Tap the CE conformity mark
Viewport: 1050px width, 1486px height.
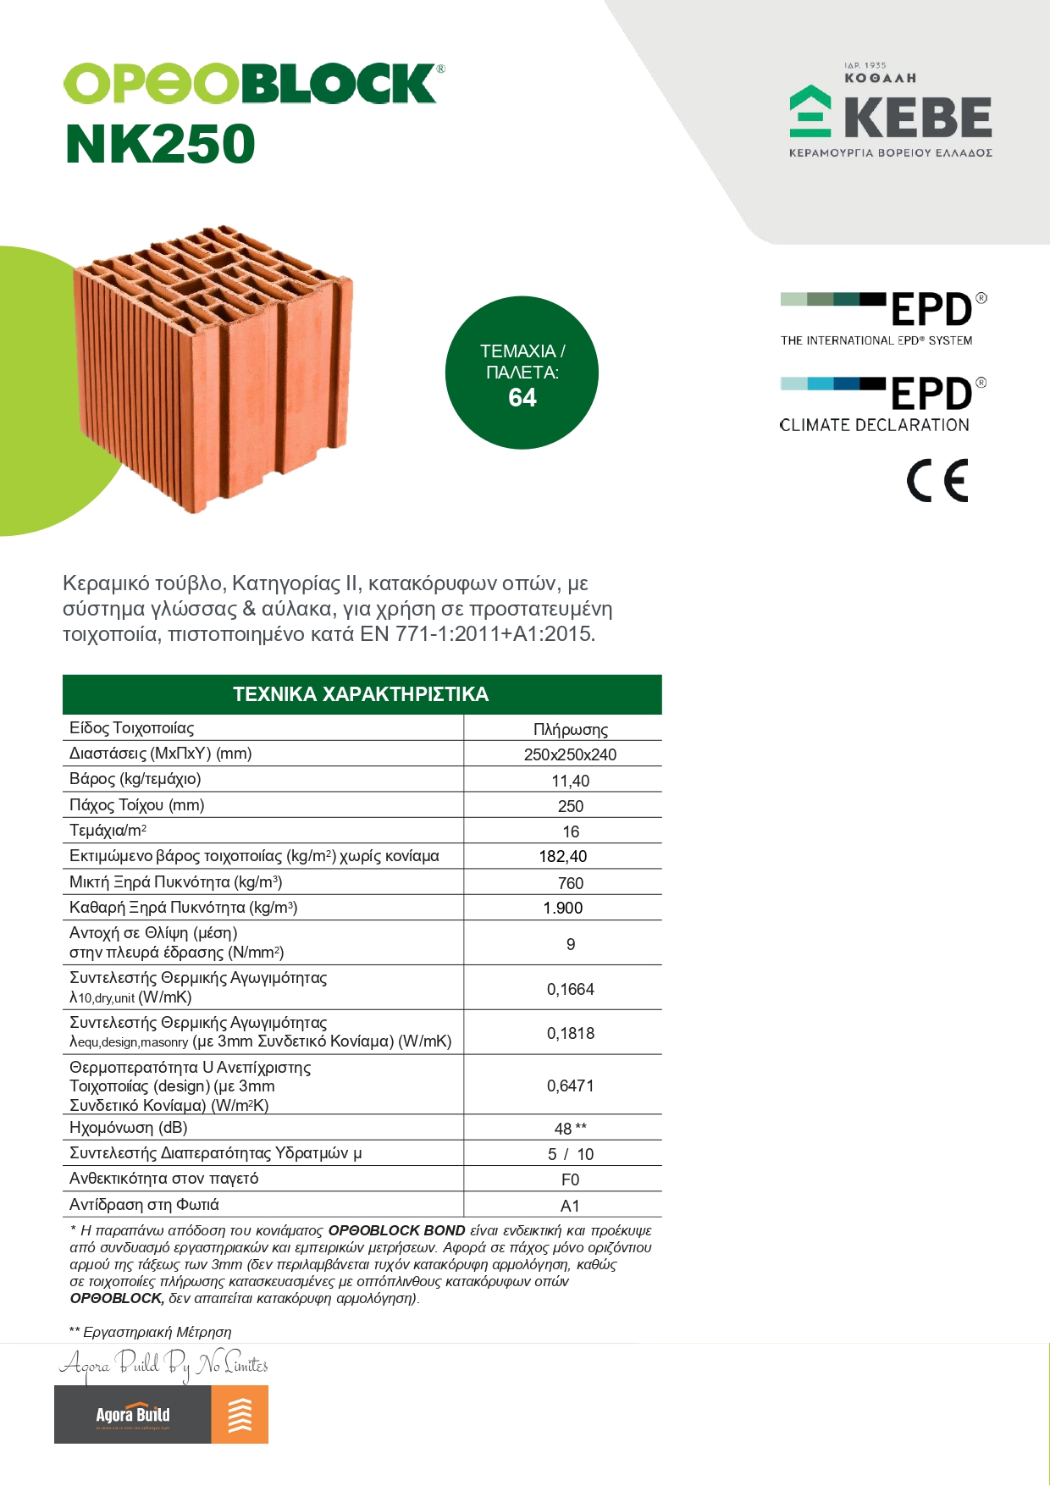point(937,481)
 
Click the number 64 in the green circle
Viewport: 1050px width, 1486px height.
point(522,398)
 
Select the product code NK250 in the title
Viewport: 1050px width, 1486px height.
point(160,144)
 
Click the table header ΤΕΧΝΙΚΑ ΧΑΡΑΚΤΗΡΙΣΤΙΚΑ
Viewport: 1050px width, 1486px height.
point(362,694)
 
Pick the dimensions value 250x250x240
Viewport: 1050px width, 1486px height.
point(570,754)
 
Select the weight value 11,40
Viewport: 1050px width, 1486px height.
point(570,781)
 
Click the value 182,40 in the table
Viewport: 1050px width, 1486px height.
point(563,857)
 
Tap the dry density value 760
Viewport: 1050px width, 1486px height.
point(570,883)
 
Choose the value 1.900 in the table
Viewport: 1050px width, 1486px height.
point(563,909)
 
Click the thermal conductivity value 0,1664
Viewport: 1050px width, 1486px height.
point(570,989)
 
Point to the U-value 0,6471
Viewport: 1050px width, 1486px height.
point(570,1085)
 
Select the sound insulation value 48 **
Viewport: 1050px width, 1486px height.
point(570,1129)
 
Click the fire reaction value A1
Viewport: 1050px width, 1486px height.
point(570,1206)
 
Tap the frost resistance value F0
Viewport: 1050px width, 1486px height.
point(570,1179)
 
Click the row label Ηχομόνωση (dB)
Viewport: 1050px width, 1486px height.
point(129,1128)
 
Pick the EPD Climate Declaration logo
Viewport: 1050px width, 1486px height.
point(881,405)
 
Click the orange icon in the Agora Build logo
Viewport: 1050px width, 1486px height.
point(240,1414)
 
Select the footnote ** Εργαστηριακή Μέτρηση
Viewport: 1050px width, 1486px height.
point(151,1332)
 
